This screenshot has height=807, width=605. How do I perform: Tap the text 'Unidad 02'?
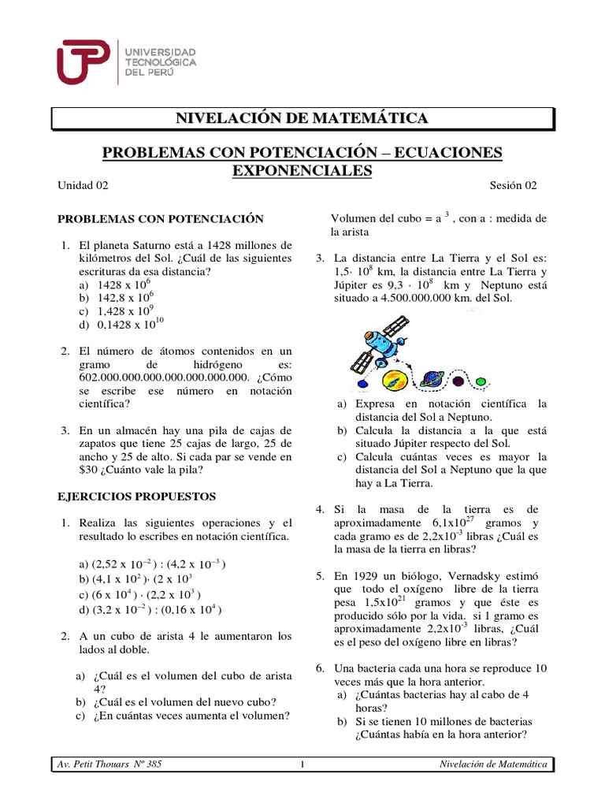tap(83, 186)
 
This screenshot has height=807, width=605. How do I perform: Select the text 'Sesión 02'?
tap(514, 186)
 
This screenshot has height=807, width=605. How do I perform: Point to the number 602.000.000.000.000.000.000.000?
tap(154, 377)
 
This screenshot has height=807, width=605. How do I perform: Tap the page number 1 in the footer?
tap(302, 764)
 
